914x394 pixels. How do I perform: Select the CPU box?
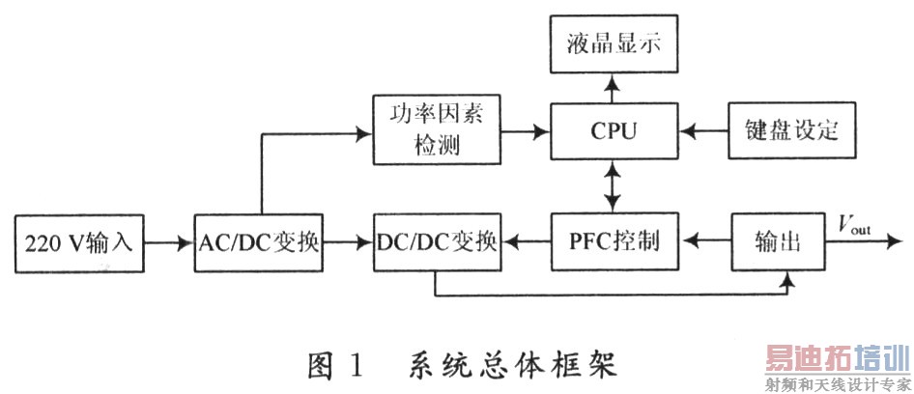tap(613, 128)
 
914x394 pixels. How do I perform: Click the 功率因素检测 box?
tap(436, 128)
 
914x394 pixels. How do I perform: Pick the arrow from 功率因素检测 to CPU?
tap(526, 129)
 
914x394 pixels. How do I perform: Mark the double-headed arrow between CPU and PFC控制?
tap(610, 184)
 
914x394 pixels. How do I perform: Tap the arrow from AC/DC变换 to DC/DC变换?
tap(348, 241)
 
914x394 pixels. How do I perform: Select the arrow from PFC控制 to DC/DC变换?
tap(525, 241)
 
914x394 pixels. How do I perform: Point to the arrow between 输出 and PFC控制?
tap(702, 241)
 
